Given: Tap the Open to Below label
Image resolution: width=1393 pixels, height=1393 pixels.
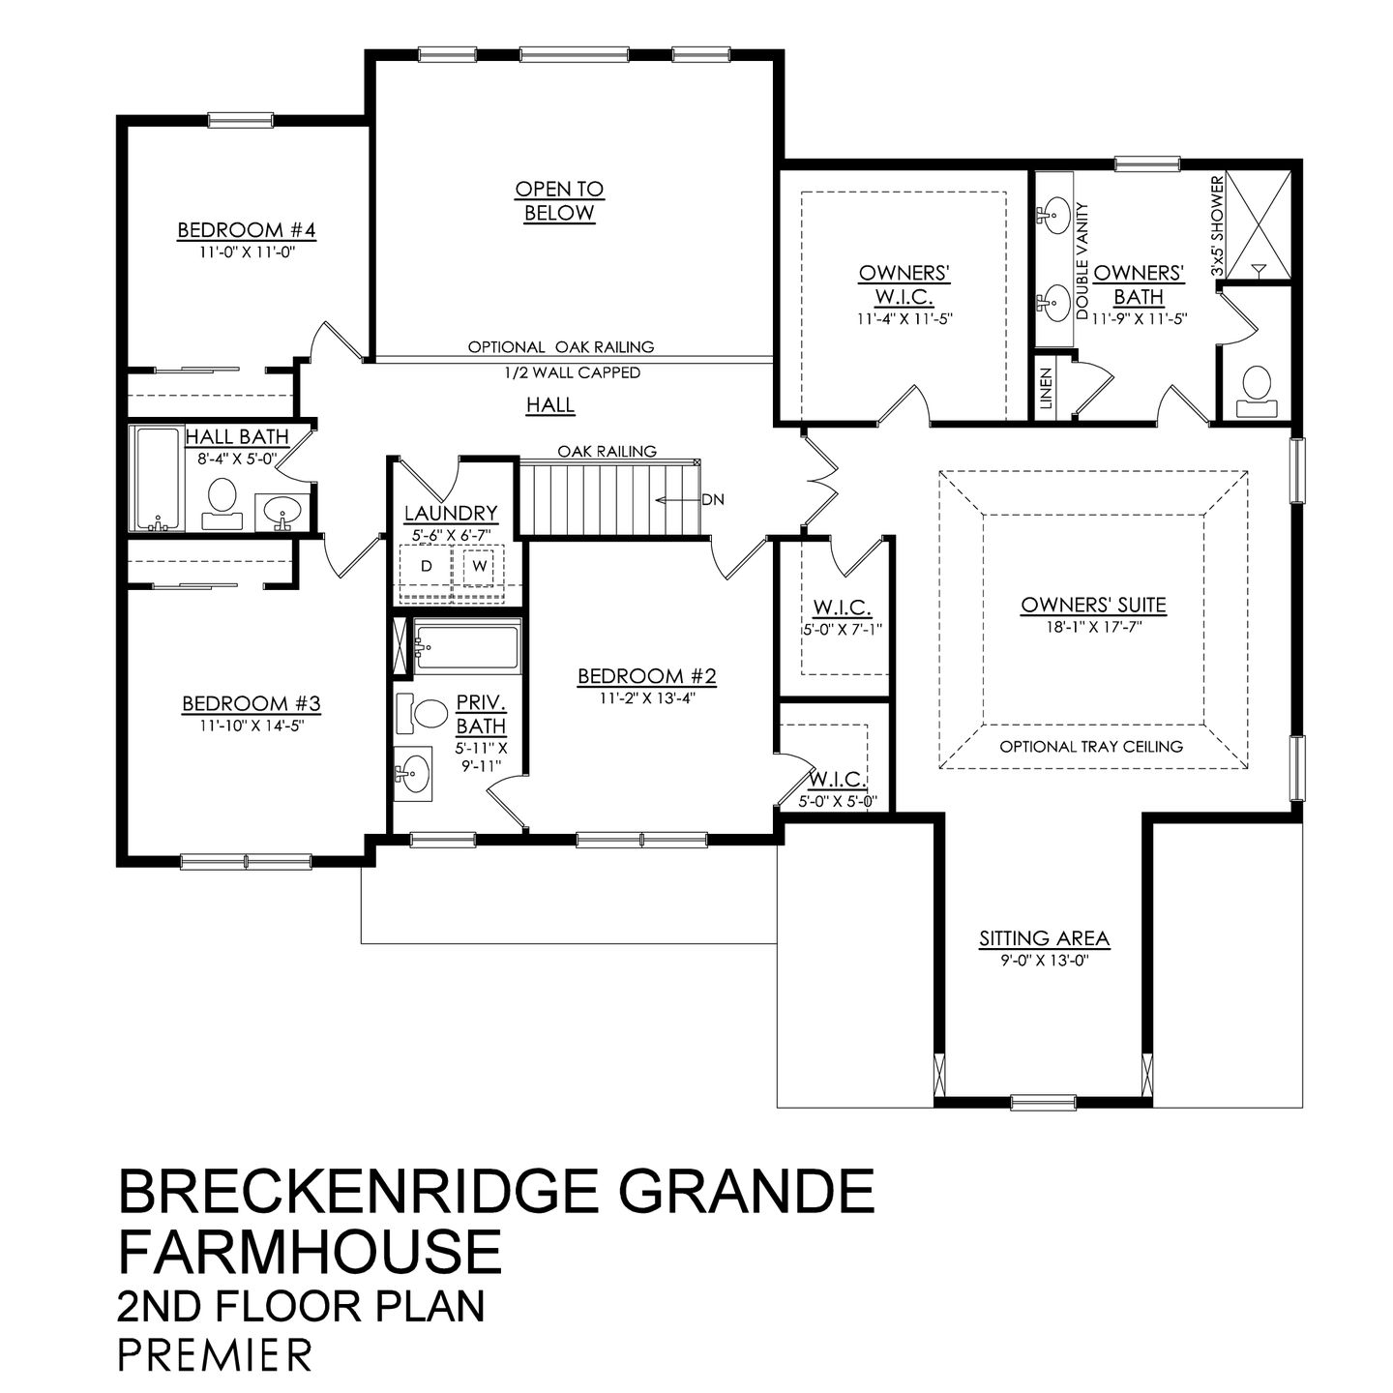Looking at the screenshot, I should (559, 201).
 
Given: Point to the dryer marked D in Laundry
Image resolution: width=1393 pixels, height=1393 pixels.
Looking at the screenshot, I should (426, 567).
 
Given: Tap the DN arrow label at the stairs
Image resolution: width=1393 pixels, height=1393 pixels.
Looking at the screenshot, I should (713, 500).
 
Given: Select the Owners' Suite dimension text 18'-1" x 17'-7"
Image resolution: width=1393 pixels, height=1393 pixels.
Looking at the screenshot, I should (1093, 627).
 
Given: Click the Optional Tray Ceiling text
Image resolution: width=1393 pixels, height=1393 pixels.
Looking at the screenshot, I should (1091, 746).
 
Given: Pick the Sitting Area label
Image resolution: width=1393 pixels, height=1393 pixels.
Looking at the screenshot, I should (1044, 938).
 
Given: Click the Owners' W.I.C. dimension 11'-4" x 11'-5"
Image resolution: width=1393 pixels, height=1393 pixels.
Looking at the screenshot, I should (904, 317).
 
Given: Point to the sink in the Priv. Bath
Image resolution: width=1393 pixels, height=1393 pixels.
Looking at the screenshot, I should (415, 773).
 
